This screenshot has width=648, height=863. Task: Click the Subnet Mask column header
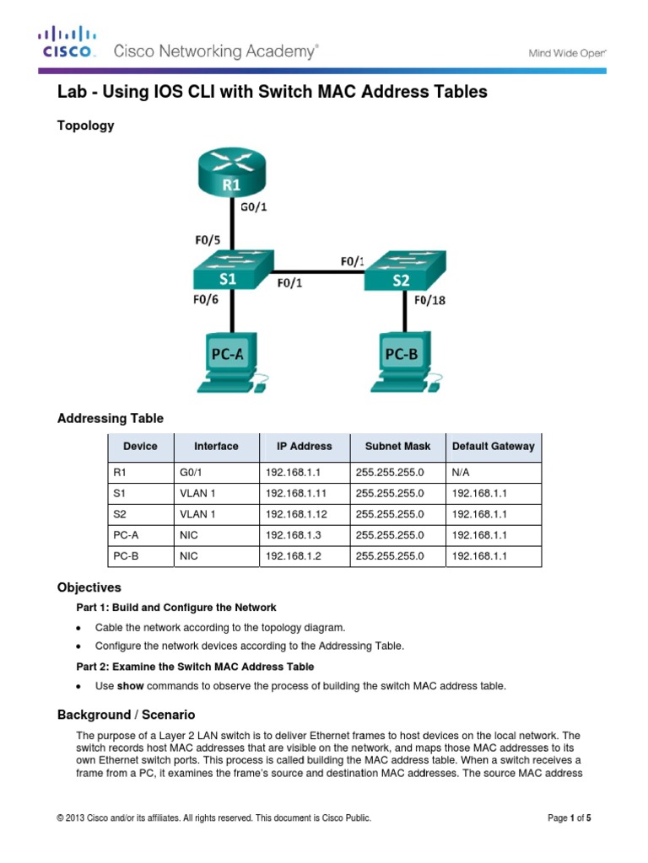click(x=397, y=447)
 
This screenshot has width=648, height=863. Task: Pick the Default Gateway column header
click(x=493, y=447)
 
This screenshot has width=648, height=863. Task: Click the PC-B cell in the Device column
click(x=124, y=556)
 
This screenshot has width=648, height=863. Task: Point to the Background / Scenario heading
click(x=126, y=715)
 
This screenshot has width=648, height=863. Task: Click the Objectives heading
click(x=89, y=587)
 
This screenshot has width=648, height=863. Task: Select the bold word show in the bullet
click(x=130, y=686)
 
